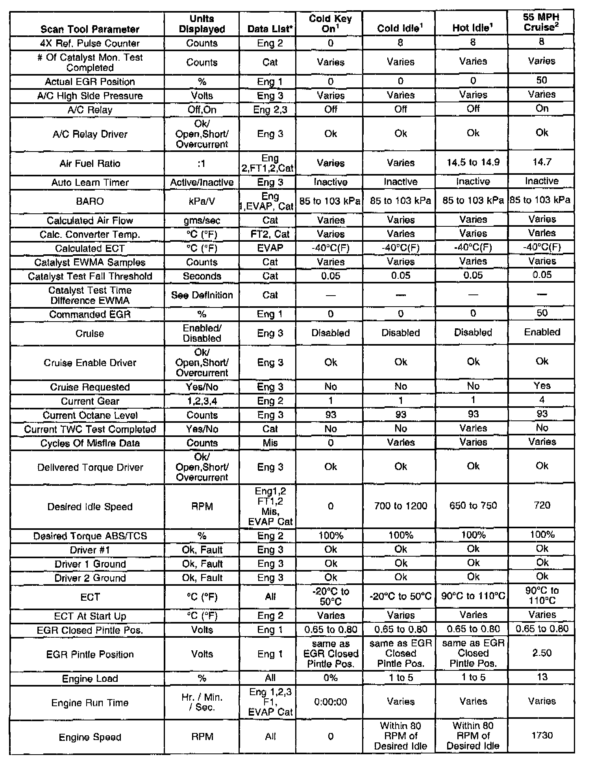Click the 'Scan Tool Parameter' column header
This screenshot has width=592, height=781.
[x=90, y=29]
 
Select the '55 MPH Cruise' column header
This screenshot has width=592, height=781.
[x=541, y=22]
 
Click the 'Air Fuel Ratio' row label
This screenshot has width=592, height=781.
[x=90, y=163]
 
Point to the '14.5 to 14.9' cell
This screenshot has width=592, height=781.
[x=473, y=163]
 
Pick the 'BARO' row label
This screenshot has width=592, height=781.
[x=90, y=201]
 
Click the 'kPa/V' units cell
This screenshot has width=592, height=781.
[x=202, y=201]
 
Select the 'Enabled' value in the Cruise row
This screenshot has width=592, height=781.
[x=542, y=332]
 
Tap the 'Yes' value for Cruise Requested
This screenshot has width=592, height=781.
[x=542, y=386]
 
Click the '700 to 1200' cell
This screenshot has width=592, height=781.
[x=400, y=505]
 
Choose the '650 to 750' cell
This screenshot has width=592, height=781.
[x=473, y=505]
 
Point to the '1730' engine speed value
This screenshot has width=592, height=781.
[x=542, y=735]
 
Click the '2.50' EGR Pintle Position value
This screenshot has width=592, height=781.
[x=542, y=653]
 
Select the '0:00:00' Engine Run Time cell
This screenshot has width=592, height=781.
[x=330, y=701]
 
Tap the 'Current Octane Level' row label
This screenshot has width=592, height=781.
[x=90, y=415]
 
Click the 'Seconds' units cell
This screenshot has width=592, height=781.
[x=202, y=276]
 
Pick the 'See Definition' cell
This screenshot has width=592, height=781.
[x=202, y=295]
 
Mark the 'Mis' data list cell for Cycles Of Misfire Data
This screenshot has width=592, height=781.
[x=270, y=443]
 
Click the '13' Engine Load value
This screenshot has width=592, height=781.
[x=542, y=677]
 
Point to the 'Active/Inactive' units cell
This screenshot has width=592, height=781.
[x=202, y=182]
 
